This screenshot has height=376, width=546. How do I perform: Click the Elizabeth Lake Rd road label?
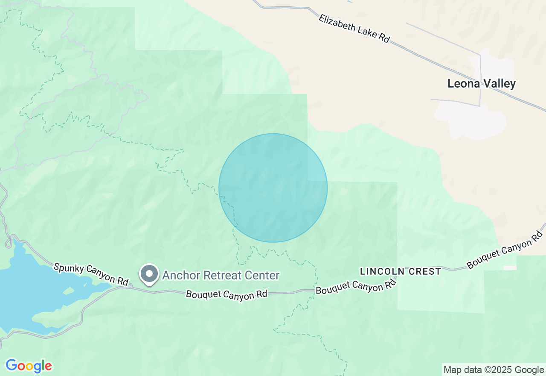tap(354, 28)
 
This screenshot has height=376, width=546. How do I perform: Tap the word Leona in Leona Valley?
tap(464, 84)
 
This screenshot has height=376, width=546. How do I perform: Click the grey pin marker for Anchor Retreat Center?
tap(149, 274)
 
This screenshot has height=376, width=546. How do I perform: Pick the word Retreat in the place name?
tap(221, 276)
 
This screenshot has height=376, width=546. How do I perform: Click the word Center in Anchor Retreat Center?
tap(261, 276)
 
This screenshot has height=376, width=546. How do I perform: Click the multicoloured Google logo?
tap(29, 366)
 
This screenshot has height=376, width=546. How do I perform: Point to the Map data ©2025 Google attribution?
tap(494, 370)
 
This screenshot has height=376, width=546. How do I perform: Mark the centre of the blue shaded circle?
tap(273, 188)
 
